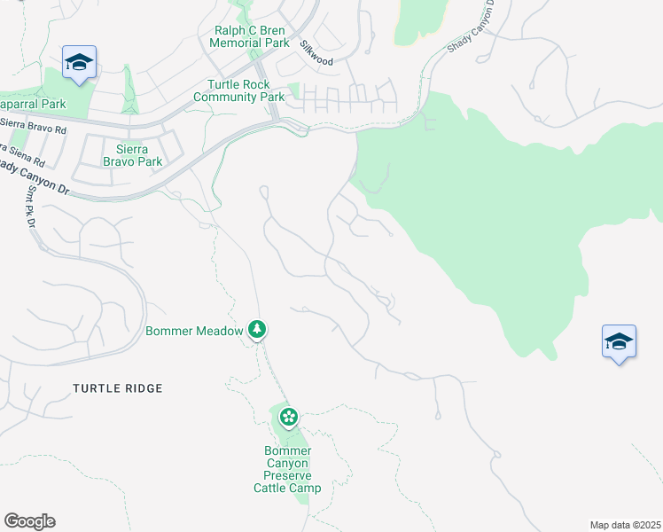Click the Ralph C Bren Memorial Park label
(252, 36)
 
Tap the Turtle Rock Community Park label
(238, 90)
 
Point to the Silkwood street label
(316, 53)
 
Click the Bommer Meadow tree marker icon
(257, 330)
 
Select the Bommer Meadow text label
(194, 331)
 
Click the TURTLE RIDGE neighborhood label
(118, 388)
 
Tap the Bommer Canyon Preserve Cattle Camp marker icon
(288, 416)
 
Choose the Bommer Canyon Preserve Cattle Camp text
(287, 469)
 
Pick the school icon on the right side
(619, 341)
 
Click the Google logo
(29, 521)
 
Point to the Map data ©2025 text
(625, 525)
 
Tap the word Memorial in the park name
(242, 43)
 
